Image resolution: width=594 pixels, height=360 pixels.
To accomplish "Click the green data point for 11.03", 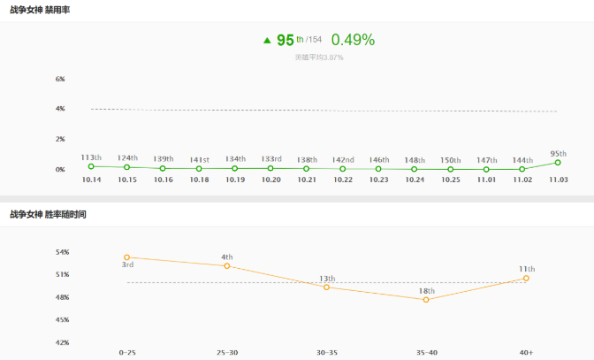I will tap(558, 163).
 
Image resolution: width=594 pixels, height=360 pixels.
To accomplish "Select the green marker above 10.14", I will tap(91, 166).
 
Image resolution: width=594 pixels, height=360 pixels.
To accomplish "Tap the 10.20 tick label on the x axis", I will tap(271, 180).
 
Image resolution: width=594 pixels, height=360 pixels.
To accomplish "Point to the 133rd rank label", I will tap(271, 159).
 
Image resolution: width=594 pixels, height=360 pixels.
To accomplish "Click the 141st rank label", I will tap(199, 160).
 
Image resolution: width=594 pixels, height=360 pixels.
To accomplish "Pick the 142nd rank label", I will tap(343, 160).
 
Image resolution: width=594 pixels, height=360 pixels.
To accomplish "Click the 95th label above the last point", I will tap(559, 153).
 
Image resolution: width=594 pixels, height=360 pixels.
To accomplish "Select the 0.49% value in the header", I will tap(353, 40).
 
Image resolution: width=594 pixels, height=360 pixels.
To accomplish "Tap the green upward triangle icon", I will tap(267, 41).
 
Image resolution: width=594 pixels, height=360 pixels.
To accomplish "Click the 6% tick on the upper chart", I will tap(61, 79).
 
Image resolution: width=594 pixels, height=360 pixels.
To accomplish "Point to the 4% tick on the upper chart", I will tap(61, 109).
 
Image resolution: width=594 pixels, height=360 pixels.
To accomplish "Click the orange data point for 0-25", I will tap(127, 257).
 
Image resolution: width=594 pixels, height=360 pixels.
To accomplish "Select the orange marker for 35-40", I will tap(426, 300).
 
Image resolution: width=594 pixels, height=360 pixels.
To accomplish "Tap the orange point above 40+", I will tap(526, 278).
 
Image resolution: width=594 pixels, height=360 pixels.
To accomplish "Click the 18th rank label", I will tap(427, 291).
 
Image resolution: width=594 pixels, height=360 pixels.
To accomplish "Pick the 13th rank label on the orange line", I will tap(327, 279).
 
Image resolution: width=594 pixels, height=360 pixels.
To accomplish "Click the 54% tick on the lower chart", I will tap(62, 252).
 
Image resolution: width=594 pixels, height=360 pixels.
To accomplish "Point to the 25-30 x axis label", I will tap(227, 352).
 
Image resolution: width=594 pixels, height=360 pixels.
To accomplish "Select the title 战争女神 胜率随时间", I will tap(48, 214).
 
